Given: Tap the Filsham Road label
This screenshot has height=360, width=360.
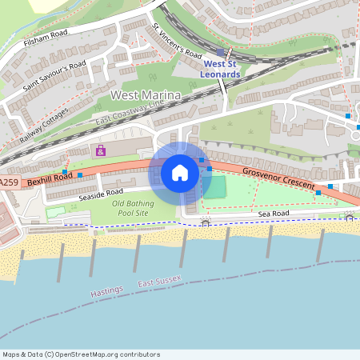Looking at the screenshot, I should click(46, 38).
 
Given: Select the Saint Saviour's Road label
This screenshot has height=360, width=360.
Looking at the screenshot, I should click(54, 75).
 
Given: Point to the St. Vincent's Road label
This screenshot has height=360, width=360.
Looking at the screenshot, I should click(177, 39).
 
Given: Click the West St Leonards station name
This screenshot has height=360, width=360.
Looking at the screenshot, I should click(222, 69).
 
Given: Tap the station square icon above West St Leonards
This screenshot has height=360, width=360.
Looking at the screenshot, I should click(221, 52).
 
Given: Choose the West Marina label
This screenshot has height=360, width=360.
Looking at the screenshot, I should click(146, 96).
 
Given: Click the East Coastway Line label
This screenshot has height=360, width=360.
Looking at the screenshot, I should click(129, 113).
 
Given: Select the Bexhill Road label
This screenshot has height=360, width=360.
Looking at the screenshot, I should click(50, 178).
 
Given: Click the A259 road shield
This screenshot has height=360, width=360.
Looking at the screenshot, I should click(8, 183).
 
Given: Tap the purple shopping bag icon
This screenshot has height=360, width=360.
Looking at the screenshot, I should click(101, 150).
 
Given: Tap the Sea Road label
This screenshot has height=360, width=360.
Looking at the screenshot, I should click(273, 214).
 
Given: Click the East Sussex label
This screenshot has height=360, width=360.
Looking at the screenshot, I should click(159, 282).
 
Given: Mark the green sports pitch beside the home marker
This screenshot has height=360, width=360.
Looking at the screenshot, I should click(214, 188).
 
